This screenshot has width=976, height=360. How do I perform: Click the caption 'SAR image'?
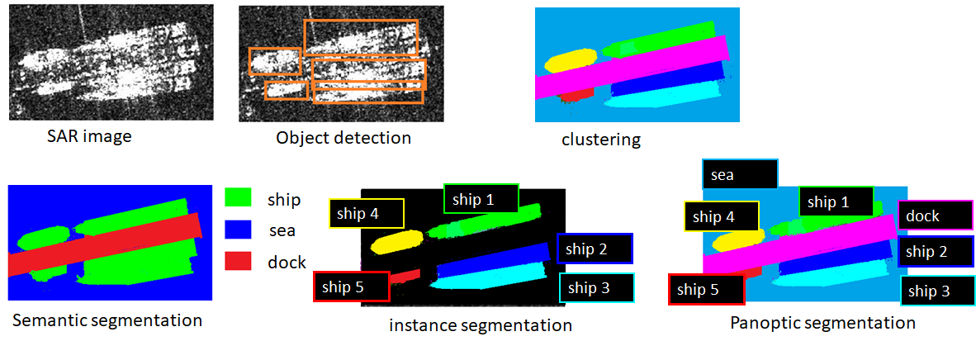(88, 136)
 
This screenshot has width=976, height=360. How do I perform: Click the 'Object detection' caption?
(343, 138)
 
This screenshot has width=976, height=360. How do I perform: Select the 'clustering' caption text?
(600, 140)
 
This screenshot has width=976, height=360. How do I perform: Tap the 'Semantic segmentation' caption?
(107, 320)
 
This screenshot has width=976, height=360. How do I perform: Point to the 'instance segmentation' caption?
(481, 325)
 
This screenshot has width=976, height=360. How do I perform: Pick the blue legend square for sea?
(238, 230)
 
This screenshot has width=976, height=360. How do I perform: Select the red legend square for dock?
(238, 262)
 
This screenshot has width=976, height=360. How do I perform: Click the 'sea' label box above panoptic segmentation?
(739, 175)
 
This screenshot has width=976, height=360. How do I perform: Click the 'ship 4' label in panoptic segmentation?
(721, 217)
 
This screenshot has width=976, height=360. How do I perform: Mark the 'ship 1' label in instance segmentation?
(481, 199)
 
